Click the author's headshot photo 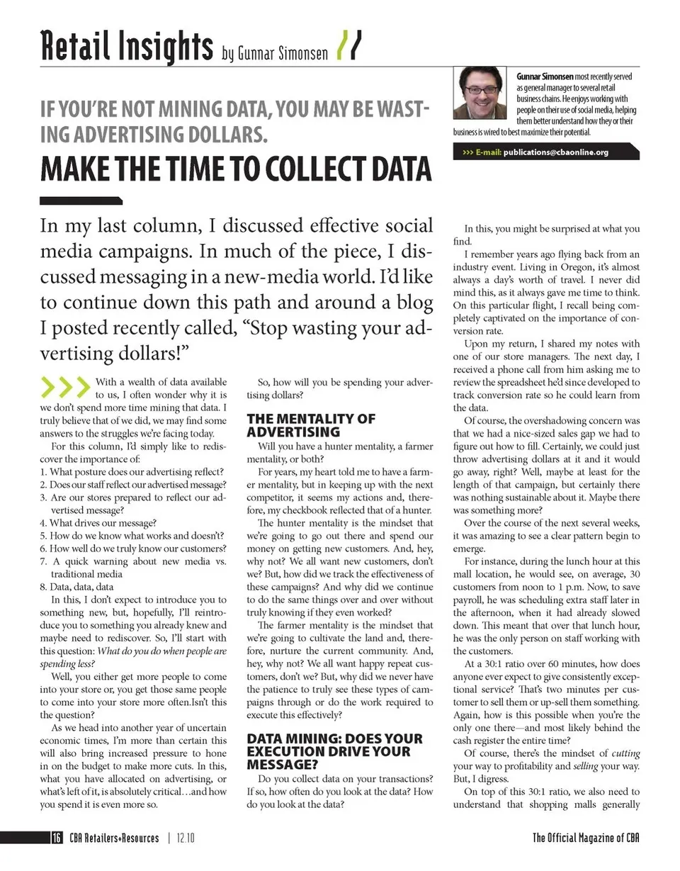point(480,94)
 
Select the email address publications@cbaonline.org point(555,152)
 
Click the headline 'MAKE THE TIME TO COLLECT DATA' point(235,169)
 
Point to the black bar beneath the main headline point(81,201)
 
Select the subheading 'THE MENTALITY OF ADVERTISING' point(311,425)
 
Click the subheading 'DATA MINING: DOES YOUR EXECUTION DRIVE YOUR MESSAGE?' point(334,751)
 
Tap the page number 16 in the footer point(56,838)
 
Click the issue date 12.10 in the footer point(186,838)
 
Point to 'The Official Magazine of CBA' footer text point(586,838)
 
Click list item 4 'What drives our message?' point(98,523)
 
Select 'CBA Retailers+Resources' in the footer point(114,838)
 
